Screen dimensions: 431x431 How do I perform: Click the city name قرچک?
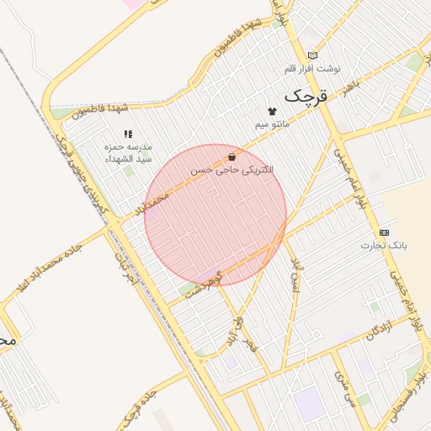304,96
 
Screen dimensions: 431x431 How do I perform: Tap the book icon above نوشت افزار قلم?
313,56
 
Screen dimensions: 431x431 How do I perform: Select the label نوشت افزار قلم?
311,68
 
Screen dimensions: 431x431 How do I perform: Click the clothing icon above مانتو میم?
272,111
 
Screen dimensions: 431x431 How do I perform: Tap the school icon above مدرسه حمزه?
128,134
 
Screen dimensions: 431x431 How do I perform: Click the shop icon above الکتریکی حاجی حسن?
231,157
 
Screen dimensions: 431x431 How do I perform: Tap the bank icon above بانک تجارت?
385,232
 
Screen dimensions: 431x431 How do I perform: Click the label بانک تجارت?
384,245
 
